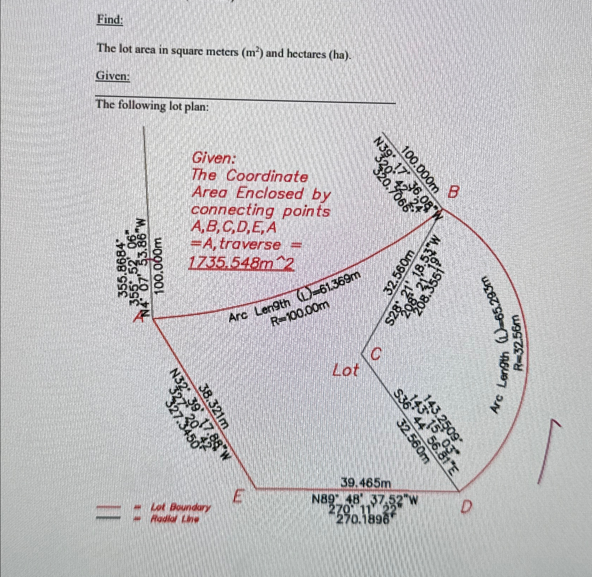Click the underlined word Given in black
point(113,76)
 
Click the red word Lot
point(345,371)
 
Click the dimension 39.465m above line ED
point(366,483)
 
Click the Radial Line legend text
point(175,519)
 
